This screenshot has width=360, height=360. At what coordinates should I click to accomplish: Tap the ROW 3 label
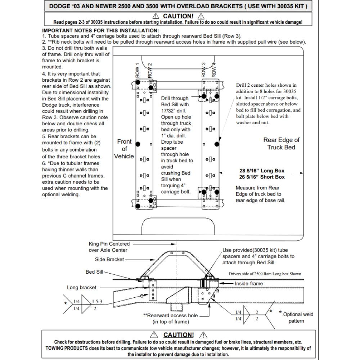pos(203,70)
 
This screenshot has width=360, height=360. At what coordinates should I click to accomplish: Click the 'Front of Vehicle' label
pos(124,149)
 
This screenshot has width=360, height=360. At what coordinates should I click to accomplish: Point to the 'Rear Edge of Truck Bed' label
pos(281,144)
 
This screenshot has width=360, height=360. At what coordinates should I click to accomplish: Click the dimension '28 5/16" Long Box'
pos(262,171)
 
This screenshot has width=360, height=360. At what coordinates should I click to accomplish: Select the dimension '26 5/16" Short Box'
pos(262,177)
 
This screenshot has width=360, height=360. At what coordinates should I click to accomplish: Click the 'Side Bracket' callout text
pos(109,259)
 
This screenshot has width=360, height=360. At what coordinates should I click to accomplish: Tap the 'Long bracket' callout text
pos(82,288)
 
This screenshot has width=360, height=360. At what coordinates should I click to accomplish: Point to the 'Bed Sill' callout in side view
pos(94,272)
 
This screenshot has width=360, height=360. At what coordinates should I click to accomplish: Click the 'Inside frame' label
pos(249,284)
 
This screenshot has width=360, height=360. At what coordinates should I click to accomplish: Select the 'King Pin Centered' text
pos(109,244)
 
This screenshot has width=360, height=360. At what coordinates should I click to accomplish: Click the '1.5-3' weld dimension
pos(97,301)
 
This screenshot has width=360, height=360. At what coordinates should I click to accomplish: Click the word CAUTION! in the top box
pos(178,16)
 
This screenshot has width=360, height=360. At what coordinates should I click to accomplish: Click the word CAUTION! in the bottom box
pos(178,335)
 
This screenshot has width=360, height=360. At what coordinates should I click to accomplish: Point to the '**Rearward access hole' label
pos(170,316)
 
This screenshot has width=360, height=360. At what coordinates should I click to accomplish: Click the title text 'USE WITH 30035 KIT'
pos(276,6)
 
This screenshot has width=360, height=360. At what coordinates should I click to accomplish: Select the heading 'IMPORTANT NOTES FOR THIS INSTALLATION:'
pos(100,31)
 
